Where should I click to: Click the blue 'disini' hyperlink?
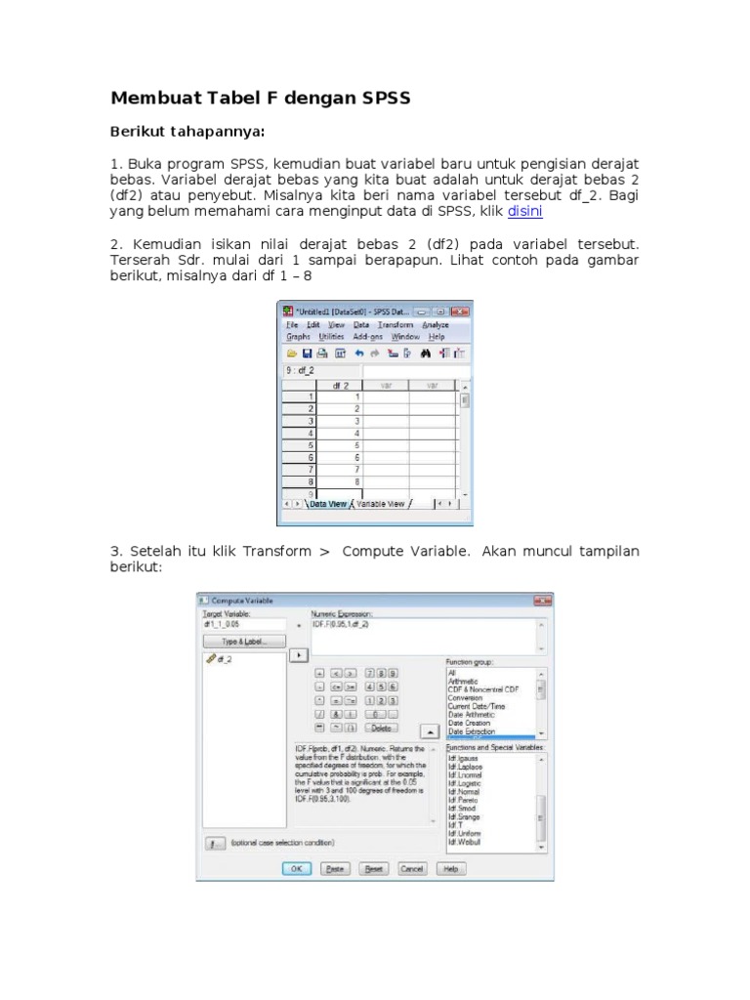[x=524, y=210]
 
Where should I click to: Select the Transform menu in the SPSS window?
[x=396, y=324]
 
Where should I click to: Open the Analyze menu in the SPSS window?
[x=436, y=324]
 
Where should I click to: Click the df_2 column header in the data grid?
[x=340, y=386]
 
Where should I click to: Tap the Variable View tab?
[x=380, y=504]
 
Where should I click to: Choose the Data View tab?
[x=328, y=504]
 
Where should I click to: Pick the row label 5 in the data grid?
[x=311, y=444]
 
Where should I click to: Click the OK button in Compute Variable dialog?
[x=296, y=867]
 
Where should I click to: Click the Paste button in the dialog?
[x=335, y=867]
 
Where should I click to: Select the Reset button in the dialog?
[x=374, y=867]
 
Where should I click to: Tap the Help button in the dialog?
[x=450, y=867]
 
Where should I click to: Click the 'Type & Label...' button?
[x=244, y=642]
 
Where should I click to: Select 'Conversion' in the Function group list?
[x=465, y=698]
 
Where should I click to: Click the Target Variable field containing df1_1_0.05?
[x=244, y=623]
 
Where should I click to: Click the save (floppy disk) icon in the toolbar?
[x=307, y=353]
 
